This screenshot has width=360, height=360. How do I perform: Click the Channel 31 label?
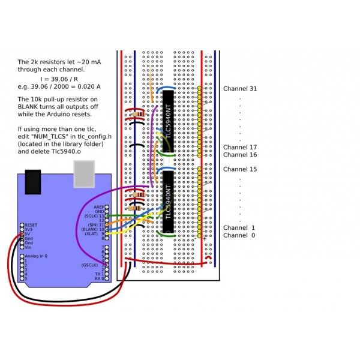coord(240,89)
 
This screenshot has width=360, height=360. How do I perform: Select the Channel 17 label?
coord(240,147)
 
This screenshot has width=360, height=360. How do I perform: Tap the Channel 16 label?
coord(240,155)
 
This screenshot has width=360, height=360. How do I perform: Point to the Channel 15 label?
coord(240,169)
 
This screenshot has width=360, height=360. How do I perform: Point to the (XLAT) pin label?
coord(91,234)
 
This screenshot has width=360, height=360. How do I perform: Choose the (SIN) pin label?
coord(92,224)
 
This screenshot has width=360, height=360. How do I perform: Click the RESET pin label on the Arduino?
coord(31,224)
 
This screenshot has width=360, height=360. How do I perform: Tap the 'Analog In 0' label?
coord(37,256)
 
